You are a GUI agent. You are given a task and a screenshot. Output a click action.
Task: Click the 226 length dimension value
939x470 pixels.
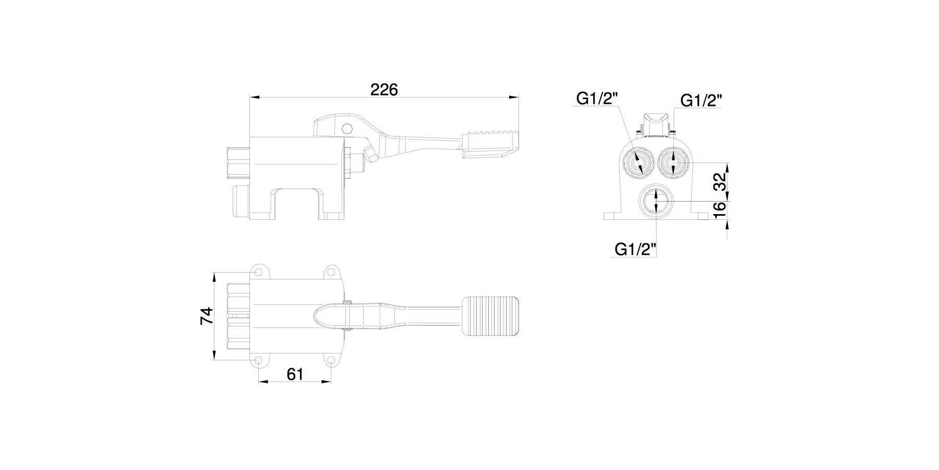(384, 89)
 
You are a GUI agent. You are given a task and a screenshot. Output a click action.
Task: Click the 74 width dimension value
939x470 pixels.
(208, 316)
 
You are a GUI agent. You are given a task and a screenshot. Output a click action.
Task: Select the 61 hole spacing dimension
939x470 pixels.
(295, 374)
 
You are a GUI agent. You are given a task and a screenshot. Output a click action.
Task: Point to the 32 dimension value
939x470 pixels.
(720, 182)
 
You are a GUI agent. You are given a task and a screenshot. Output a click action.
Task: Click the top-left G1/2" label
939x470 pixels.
(597, 98)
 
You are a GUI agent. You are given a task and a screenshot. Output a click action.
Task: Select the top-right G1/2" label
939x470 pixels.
(702, 100)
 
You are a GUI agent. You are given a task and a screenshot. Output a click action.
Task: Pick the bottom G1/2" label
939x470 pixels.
(635, 249)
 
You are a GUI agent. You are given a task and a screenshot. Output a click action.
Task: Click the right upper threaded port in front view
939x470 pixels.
(673, 161)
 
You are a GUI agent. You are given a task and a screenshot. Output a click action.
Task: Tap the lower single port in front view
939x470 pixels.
(655, 200)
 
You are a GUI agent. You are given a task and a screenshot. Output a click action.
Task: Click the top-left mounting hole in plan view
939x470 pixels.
(258, 272)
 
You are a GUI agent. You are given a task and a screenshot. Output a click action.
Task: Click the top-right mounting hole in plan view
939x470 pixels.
(331, 272)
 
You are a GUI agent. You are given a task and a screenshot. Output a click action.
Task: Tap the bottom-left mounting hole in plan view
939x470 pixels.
(258, 360)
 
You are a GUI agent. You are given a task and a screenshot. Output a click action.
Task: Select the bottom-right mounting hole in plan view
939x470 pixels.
(331, 360)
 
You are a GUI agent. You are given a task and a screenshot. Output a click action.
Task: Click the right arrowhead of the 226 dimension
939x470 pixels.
(515, 97)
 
